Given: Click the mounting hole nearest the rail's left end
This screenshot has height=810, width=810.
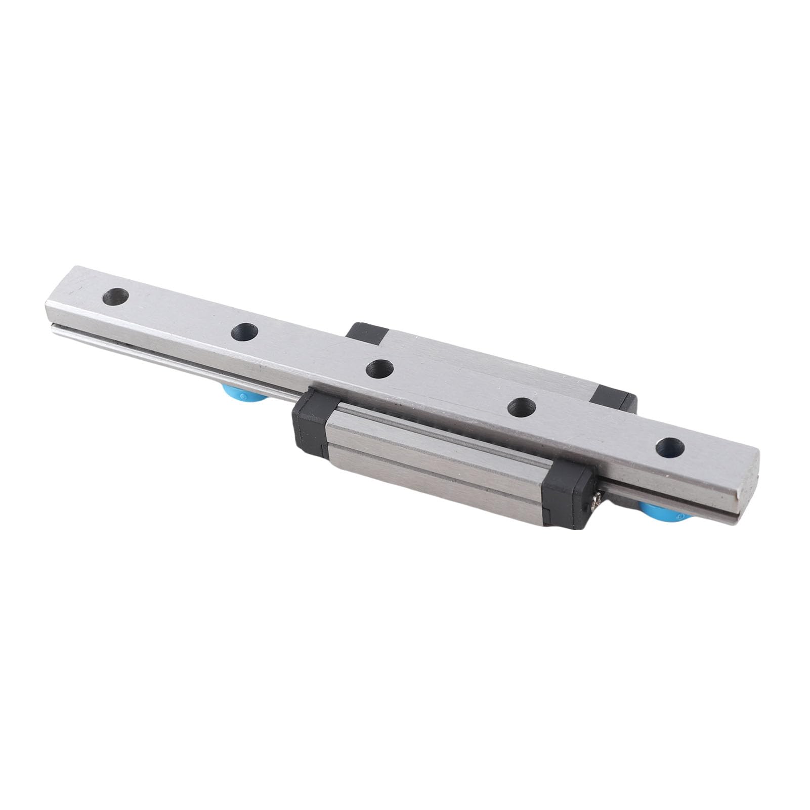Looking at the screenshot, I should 115,296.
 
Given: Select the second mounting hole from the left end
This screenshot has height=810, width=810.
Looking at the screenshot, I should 244,332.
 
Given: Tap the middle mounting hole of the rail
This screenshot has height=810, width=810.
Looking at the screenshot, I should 379,369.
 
